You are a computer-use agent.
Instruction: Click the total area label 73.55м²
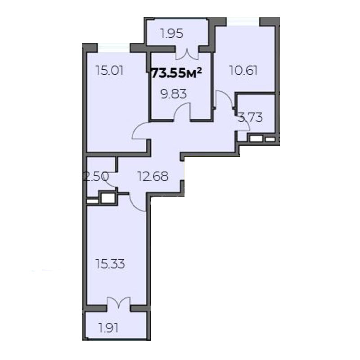coord(177,73)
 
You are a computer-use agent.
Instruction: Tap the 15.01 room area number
coord(110,71)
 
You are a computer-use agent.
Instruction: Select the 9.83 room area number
coord(174,94)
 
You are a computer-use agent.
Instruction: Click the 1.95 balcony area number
coord(172,34)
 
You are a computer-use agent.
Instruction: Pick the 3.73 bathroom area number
coord(250,117)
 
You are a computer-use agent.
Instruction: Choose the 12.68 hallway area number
coord(153,176)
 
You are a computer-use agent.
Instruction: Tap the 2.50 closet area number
coord(96,177)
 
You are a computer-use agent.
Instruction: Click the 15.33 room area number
coord(110,264)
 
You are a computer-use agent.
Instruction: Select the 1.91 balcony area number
coord(108,328)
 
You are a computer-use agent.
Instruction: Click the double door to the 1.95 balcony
coord(187,54)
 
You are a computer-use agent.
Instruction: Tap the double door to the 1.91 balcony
coord(118,302)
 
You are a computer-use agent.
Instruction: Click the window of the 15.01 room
coord(114,48)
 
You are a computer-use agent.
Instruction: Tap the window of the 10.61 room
coord(243,22)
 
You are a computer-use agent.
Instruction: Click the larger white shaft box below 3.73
coord(256,139)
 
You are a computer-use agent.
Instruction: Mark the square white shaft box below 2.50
coord(108,198)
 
